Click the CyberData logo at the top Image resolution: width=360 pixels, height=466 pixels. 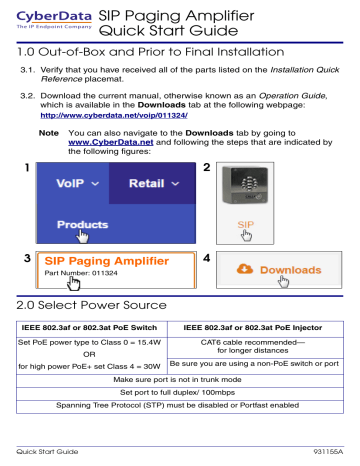coord(47,20)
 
